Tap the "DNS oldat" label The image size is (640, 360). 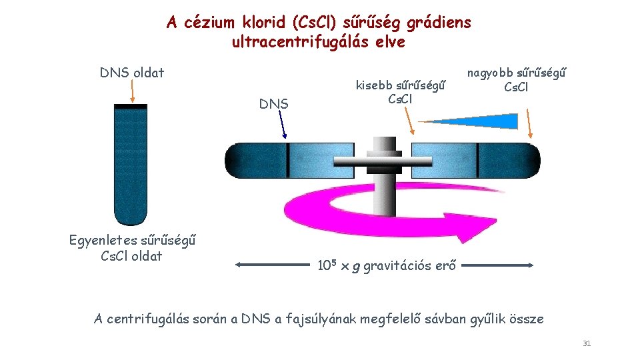tap(132, 73)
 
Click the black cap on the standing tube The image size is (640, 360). tap(130, 107)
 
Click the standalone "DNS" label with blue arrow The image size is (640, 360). tap(273, 104)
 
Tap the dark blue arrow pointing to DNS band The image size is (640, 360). tap(283, 125)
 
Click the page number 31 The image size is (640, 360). tap(587, 343)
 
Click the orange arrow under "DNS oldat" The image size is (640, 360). tap(134, 90)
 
